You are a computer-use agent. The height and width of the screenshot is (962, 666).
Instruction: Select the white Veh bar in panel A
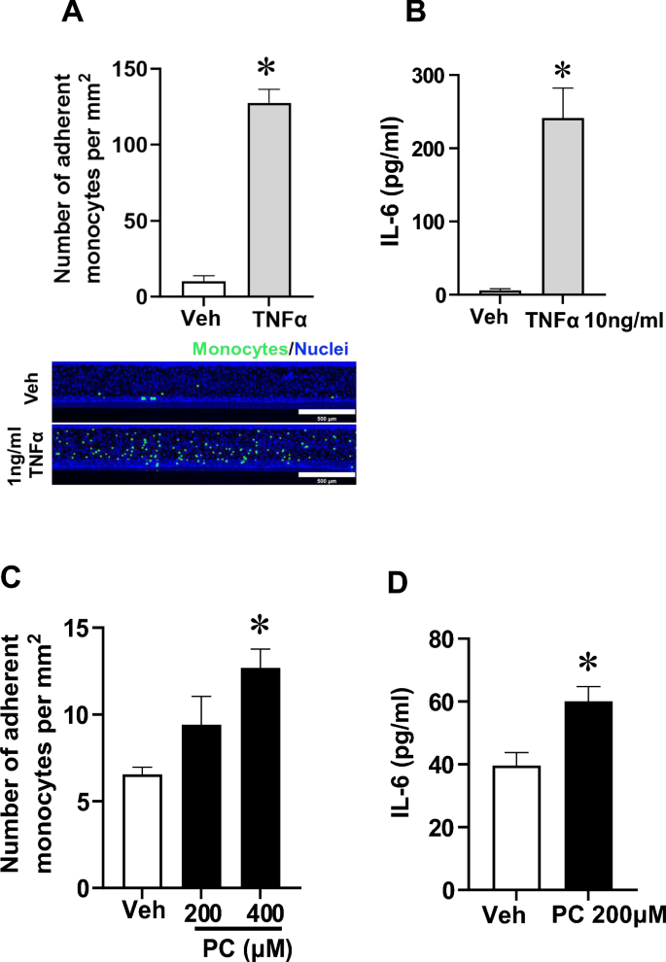coord(203,290)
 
